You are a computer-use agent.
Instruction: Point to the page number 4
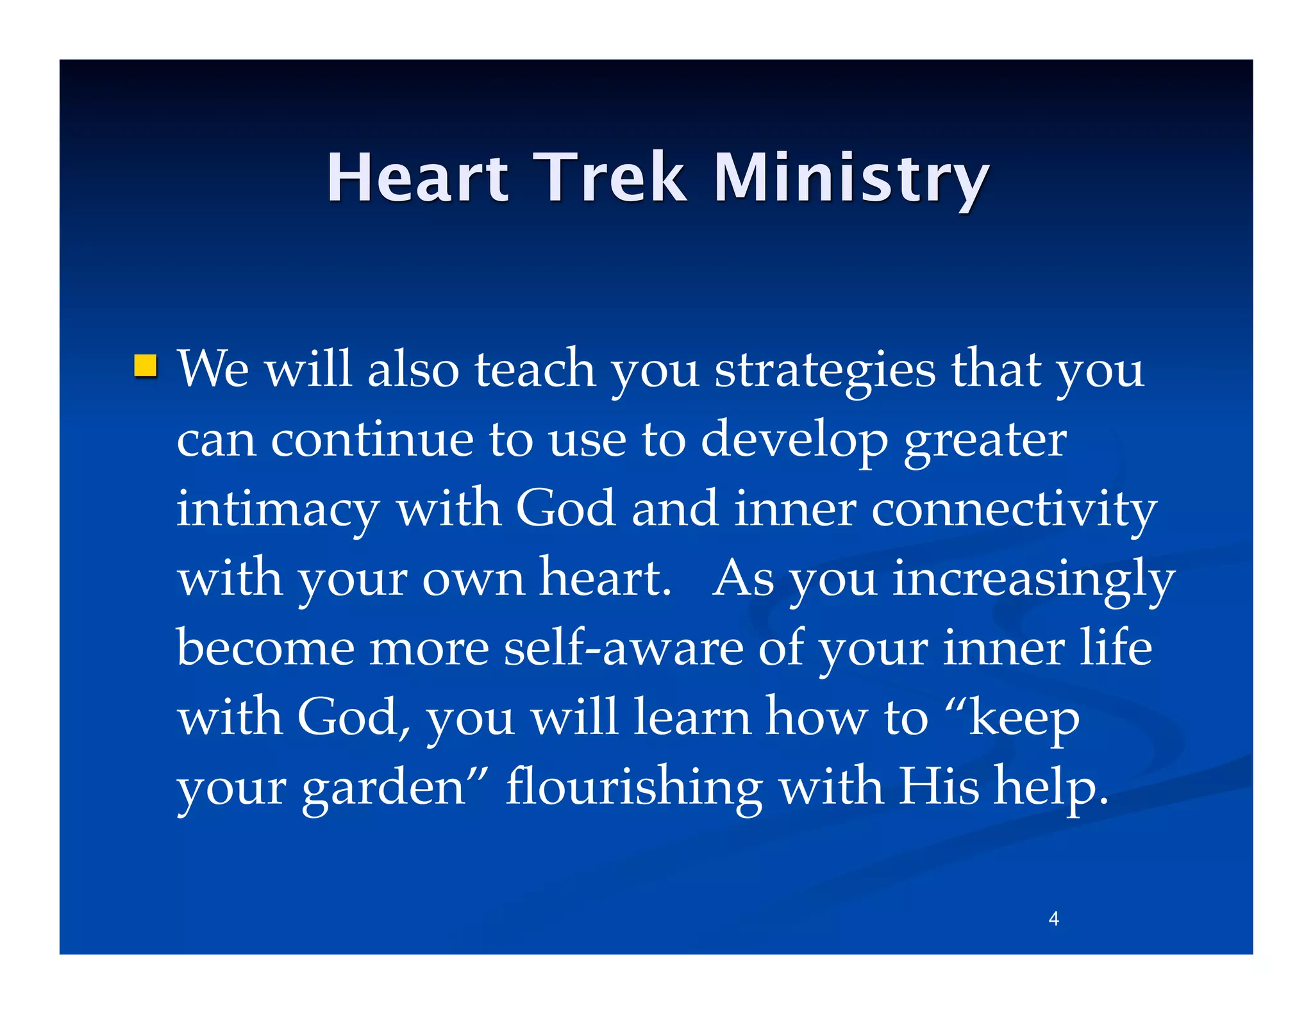pyautogui.click(x=1053, y=919)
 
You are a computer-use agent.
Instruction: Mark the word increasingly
pyautogui.click(x=1033, y=581)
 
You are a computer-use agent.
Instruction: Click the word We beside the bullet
pyautogui.click(x=213, y=369)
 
